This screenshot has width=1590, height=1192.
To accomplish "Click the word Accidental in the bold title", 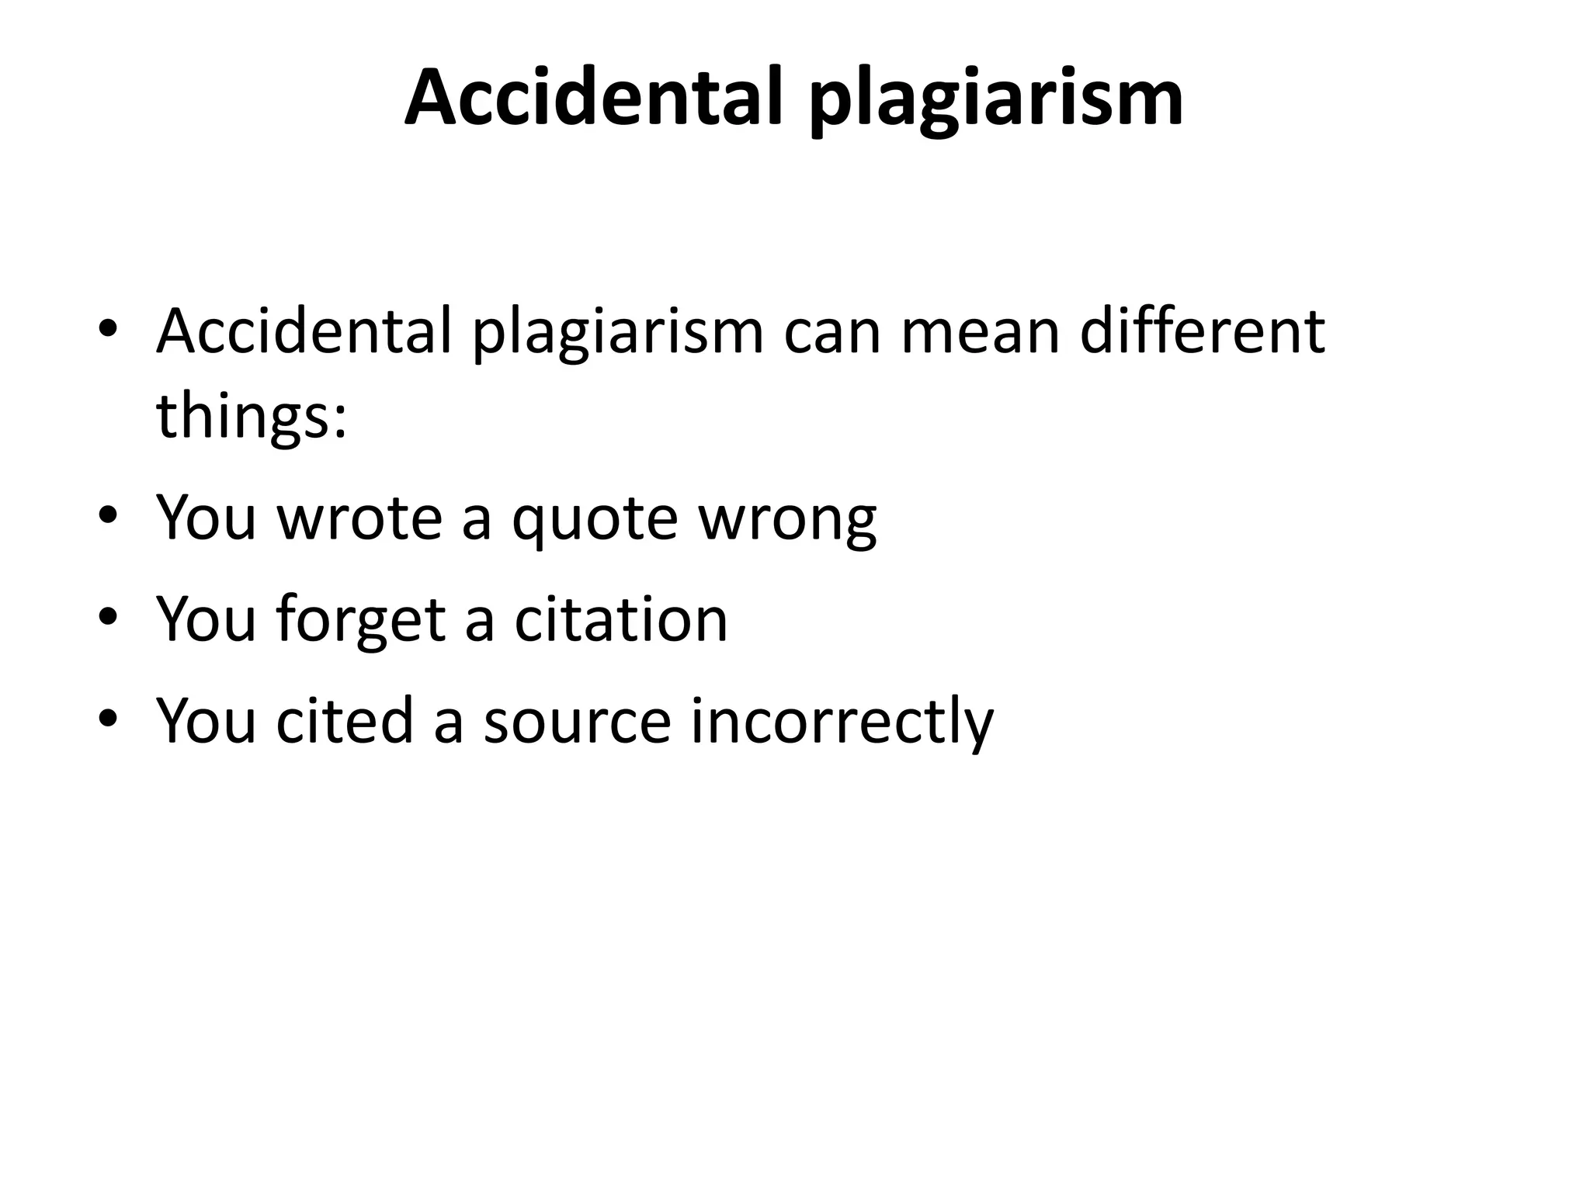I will click(x=593, y=98).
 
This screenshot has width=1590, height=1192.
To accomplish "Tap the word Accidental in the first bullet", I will click(x=304, y=331).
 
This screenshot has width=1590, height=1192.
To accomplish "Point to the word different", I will click(x=1202, y=331).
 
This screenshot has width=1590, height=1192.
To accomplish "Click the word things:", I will click(x=251, y=415).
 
